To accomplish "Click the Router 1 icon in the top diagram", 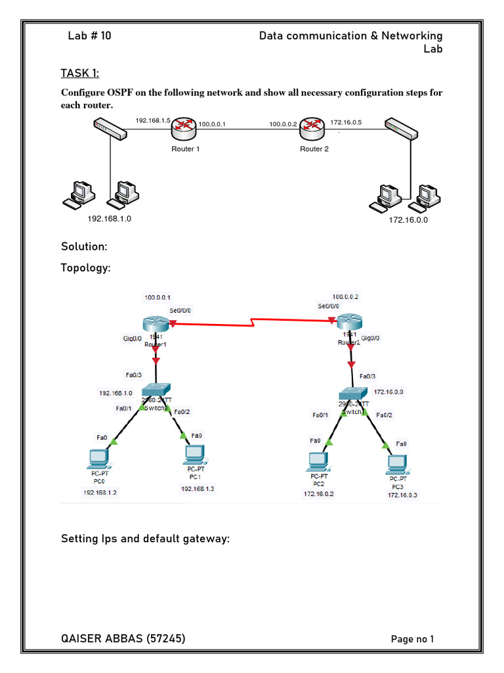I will (185, 129).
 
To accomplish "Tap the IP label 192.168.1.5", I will (153, 121).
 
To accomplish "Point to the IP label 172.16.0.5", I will (346, 122).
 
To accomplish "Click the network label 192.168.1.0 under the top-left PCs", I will (110, 219).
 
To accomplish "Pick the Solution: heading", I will (84, 246).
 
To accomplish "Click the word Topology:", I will (86, 268).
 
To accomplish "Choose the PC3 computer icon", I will (398, 463).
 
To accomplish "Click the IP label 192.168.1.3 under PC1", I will (198, 488).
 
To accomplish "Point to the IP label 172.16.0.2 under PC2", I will (318, 494).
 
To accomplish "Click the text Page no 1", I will (412, 639).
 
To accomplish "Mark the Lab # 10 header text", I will (89, 35).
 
